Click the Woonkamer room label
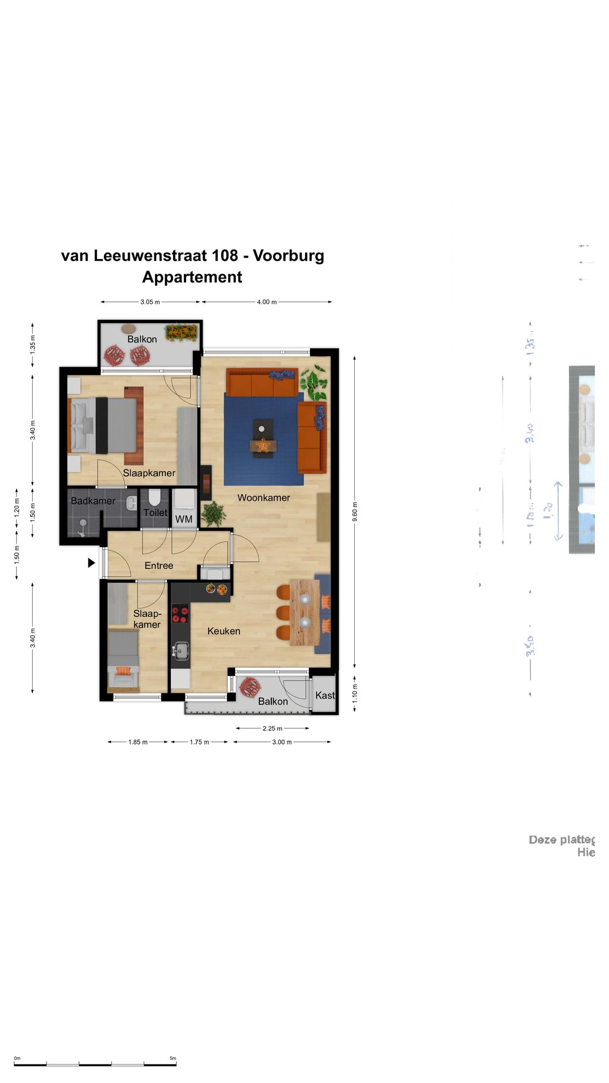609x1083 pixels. click(x=263, y=498)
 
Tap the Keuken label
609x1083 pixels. click(x=223, y=631)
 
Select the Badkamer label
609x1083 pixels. click(x=92, y=501)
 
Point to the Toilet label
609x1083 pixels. click(x=155, y=512)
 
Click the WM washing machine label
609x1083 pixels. click(x=184, y=519)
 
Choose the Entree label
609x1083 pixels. click(x=158, y=566)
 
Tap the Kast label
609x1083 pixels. click(x=325, y=695)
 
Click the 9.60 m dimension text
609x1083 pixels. click(x=355, y=511)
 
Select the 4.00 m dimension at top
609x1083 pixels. click(x=267, y=302)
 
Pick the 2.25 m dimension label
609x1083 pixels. click(x=272, y=728)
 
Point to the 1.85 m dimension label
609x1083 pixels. click(x=138, y=742)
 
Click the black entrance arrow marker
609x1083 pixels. click(x=91, y=562)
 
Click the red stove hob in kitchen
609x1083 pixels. click(x=180, y=613)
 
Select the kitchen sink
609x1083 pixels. click(x=180, y=650)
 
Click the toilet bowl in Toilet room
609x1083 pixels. click(x=155, y=497)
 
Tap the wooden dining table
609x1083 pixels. click(x=304, y=612)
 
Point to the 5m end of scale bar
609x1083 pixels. click(x=175, y=1064)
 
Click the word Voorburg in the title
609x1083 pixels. click(x=288, y=256)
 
